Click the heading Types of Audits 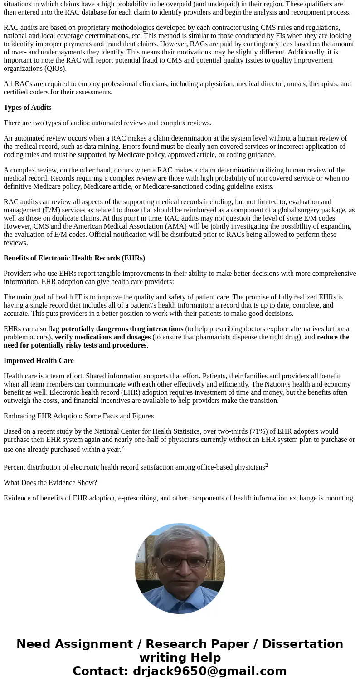pos(27,108)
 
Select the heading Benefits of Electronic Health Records pos(74,258)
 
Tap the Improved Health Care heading pos(39,361)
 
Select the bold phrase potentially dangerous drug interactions pos(122,329)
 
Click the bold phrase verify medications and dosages pos(102,337)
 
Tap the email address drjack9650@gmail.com pos(209,671)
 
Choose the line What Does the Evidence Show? pos(50,483)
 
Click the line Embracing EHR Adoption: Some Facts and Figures pos(78,416)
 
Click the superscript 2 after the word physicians pos(267,465)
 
